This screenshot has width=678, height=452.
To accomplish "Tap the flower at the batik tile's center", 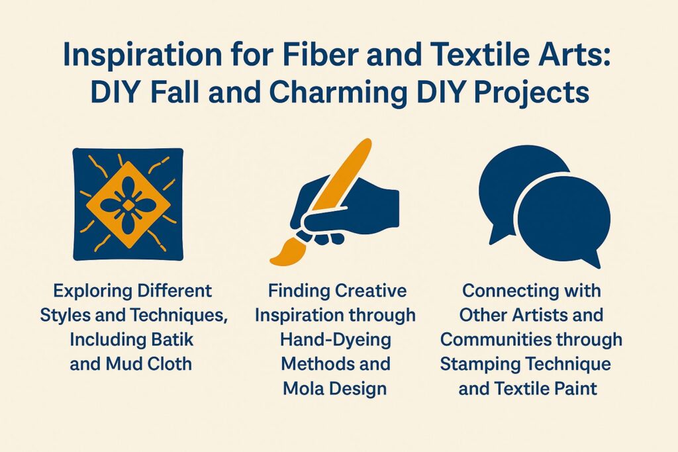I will click(127, 206).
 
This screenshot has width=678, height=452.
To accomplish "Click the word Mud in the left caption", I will click(124, 364).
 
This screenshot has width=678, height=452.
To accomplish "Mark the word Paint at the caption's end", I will click(575, 388).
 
